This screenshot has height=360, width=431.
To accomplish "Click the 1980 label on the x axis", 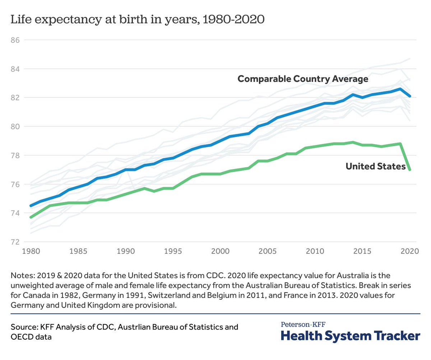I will click(x=32, y=252).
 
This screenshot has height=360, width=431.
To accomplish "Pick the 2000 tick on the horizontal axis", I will click(x=220, y=252).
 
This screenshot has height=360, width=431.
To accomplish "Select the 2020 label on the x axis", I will click(x=409, y=252).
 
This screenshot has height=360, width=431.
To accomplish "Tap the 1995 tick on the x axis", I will click(x=173, y=252).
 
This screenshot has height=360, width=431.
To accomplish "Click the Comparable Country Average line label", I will click(x=303, y=79).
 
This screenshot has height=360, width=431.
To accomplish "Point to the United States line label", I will click(x=375, y=167).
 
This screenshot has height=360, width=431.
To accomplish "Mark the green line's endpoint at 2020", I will click(x=409, y=170).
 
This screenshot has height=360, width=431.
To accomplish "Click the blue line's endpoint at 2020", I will click(x=409, y=96).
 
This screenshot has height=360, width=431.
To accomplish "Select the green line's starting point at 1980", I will click(x=32, y=217).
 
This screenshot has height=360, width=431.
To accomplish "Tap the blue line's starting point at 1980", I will click(x=32, y=206).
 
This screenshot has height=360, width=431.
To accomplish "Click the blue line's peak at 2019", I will click(x=400, y=89).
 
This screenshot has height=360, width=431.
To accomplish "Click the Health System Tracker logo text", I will click(x=350, y=336).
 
